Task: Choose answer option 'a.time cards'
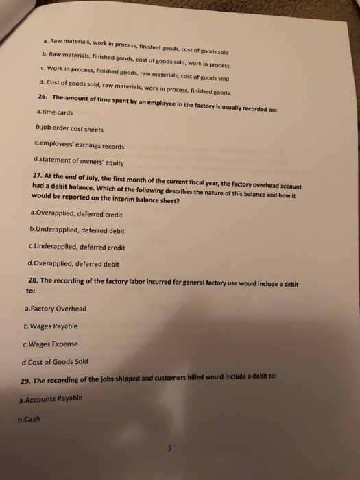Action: pos(55,111)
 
